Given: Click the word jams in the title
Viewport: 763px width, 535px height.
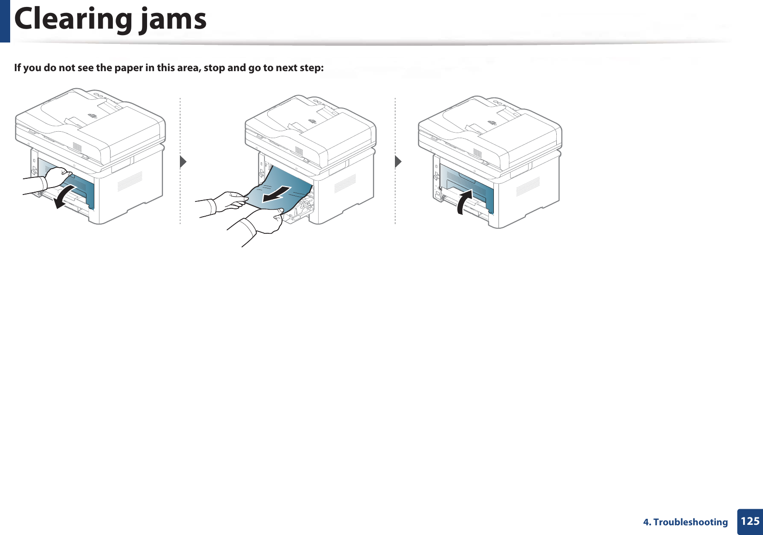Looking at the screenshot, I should [x=173, y=19].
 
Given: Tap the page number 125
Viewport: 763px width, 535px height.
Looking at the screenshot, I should [x=750, y=521].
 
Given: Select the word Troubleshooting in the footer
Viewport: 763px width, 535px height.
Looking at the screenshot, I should [x=690, y=522].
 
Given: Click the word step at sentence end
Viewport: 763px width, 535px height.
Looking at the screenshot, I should [x=309, y=68].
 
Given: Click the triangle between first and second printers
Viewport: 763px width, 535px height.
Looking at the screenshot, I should [x=183, y=162].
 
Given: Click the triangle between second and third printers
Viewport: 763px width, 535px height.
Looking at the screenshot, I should [x=398, y=162].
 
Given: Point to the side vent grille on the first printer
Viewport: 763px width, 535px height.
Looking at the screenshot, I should [x=130, y=181].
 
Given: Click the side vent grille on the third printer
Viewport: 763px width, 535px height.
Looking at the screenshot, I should [x=528, y=186].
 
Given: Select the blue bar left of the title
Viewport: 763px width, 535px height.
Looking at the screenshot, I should [x=5, y=21].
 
